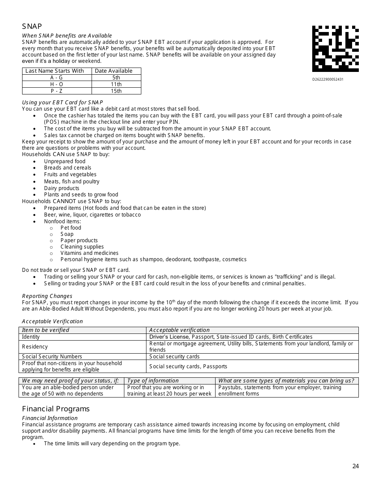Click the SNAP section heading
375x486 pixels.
32,26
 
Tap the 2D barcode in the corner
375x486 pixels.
335,49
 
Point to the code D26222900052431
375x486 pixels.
328,79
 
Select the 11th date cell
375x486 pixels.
116,84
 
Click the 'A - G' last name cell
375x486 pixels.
56,77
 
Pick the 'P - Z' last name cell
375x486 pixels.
56,91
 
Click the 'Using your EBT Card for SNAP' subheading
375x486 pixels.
62,102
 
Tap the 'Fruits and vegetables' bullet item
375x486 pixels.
70,174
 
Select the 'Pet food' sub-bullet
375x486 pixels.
71,228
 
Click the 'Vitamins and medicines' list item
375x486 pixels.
89,253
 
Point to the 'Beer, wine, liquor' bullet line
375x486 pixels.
92,215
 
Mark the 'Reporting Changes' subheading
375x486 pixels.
47,296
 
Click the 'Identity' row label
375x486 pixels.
31,337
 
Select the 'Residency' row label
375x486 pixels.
35,347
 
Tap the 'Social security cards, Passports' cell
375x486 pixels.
188,366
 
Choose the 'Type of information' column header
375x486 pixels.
153,381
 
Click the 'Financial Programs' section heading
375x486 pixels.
56,409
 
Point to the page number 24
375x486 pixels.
356,466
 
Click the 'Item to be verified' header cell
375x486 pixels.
45,330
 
